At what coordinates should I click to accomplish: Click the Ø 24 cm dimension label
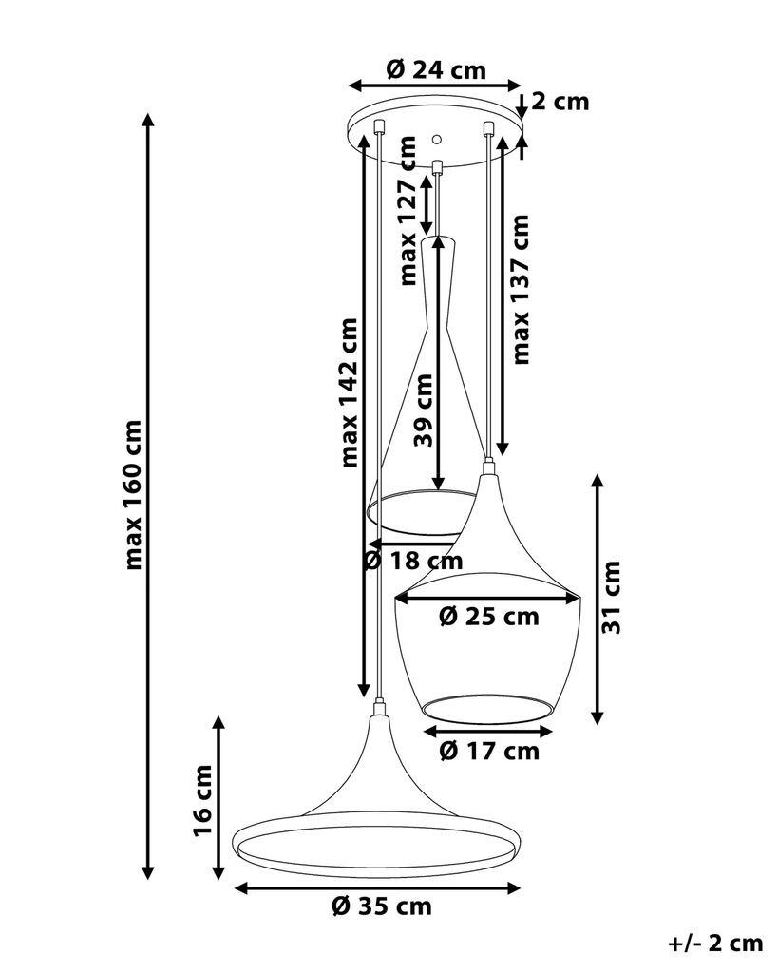coord(435,69)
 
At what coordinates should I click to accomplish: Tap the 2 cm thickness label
coord(560,101)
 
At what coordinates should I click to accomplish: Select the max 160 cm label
coord(134,494)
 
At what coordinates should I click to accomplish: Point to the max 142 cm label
coord(349,392)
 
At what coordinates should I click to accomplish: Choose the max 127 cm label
coord(408,211)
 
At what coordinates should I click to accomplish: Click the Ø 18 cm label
coord(414,561)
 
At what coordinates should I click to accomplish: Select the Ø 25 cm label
coord(489,617)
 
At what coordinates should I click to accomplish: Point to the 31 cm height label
coord(612,597)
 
